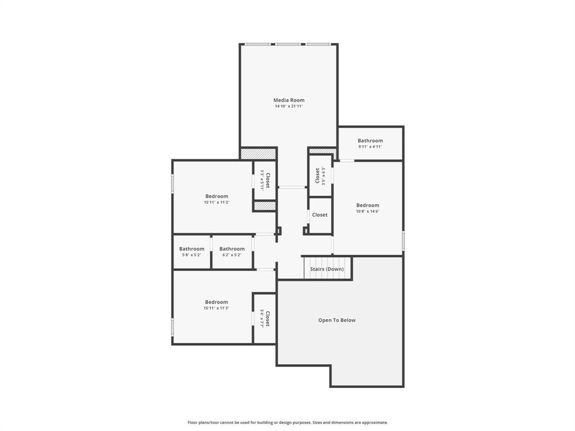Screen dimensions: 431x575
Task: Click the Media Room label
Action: click(x=289, y=100)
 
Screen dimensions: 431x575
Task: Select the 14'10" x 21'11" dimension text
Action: click(x=289, y=106)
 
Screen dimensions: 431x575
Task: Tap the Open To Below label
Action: click(x=337, y=320)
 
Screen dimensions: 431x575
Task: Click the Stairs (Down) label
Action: click(x=327, y=269)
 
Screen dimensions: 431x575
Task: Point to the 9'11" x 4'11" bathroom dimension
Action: click(x=370, y=147)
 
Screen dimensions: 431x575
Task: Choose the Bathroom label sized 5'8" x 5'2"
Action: click(x=191, y=249)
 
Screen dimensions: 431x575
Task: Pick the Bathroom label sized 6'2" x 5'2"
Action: click(x=232, y=249)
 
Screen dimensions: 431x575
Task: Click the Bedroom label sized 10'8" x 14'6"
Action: click(x=368, y=205)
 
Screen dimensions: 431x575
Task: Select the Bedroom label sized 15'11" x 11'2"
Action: click(x=216, y=196)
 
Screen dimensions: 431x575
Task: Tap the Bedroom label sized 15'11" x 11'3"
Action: click(x=216, y=302)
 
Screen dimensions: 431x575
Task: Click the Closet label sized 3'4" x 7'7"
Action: click(x=268, y=319)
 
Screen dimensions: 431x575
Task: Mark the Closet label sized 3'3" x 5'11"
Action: click(x=268, y=180)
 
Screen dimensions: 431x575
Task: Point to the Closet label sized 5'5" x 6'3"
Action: click(x=317, y=176)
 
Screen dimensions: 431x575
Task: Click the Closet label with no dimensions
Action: click(x=320, y=215)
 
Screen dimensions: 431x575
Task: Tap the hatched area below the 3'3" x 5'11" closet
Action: click(x=264, y=206)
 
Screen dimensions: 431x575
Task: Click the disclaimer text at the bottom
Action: click(x=287, y=423)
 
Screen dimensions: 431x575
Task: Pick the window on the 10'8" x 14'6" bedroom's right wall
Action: click(x=403, y=240)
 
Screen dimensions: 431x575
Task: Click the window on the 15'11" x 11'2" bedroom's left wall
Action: click(x=172, y=184)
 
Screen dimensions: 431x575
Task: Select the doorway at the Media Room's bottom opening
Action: click(x=292, y=187)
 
